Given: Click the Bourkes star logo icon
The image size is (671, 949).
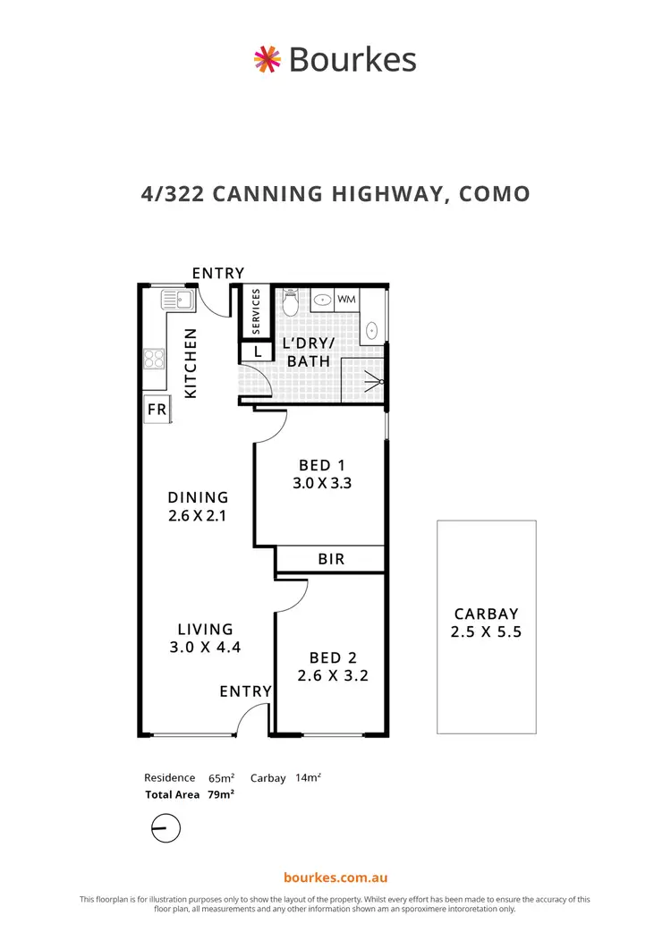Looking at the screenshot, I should [x=267, y=60].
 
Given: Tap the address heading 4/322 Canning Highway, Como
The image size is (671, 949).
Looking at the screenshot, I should [x=335, y=193].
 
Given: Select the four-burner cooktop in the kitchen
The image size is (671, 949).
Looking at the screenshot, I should [x=154, y=360].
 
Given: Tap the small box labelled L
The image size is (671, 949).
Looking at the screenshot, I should [x=257, y=352].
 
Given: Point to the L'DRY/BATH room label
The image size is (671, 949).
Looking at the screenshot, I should [x=307, y=352].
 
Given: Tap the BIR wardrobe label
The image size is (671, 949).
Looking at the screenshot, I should [x=331, y=559].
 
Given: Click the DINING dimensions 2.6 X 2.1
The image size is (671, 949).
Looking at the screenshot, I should [x=198, y=516].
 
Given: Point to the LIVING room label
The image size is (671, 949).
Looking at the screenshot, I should [x=205, y=630].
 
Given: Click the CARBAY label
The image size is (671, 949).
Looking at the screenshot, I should [x=486, y=614].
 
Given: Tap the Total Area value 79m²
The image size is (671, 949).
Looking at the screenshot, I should [x=221, y=794].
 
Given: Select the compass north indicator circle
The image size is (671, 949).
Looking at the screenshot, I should [x=166, y=828].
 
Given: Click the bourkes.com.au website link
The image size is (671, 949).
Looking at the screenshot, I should [x=335, y=878].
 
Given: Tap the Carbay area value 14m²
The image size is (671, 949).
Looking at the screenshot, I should [x=306, y=778].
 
